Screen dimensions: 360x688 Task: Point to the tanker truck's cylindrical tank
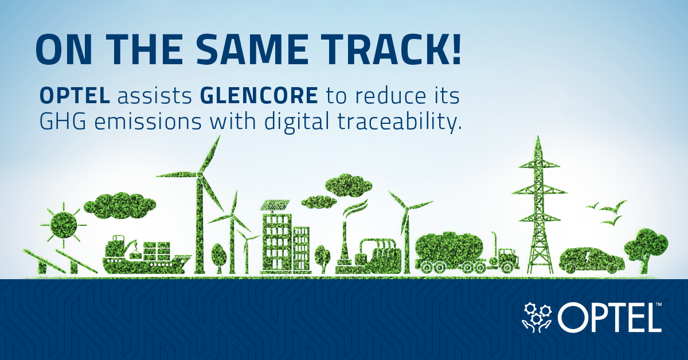pos(447,248)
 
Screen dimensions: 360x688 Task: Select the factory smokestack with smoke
pos(346,241)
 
